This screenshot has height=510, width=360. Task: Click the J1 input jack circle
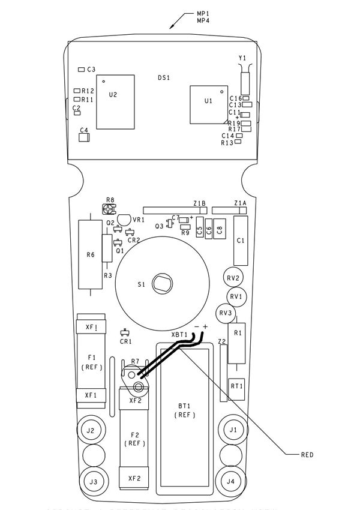point(232,430)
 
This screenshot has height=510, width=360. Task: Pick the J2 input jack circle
point(91,430)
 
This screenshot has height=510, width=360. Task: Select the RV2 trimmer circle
point(233,278)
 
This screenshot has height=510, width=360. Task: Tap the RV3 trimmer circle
point(226,313)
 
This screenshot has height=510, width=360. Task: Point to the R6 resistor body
point(90,255)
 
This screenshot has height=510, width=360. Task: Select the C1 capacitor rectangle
point(241,241)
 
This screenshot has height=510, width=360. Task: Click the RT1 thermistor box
point(236,386)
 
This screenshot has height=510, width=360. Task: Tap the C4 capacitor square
point(85,137)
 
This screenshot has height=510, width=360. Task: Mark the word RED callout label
point(307,455)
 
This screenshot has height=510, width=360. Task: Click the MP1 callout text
point(203,13)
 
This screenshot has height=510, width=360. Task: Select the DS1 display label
point(164,78)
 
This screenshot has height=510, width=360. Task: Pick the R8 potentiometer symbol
point(108,209)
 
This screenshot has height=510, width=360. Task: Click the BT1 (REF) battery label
point(184,410)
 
